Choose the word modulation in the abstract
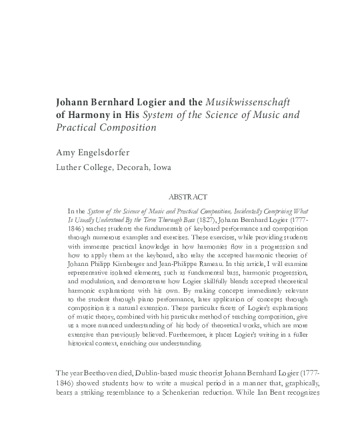point(95,282)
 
